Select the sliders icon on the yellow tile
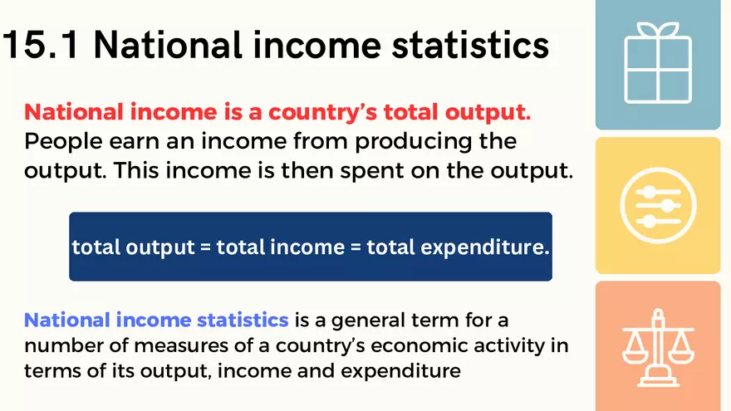(x=657, y=206)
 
